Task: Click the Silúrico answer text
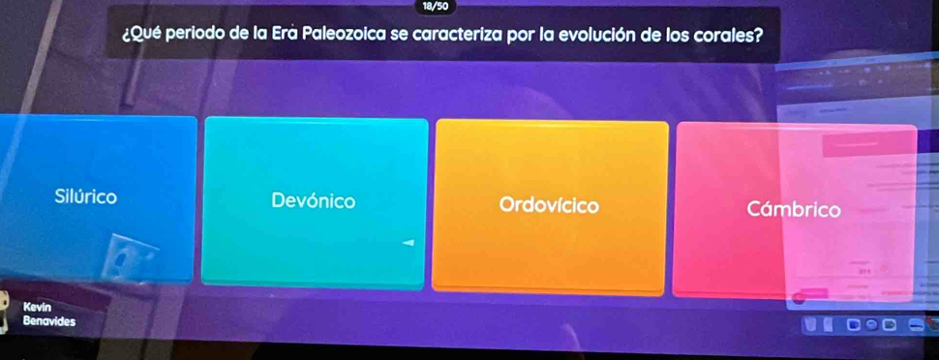[x=85, y=196]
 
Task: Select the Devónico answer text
[x=314, y=200]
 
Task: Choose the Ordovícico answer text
[x=549, y=205]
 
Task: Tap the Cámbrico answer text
[x=794, y=210]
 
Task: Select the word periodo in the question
[x=196, y=35]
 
